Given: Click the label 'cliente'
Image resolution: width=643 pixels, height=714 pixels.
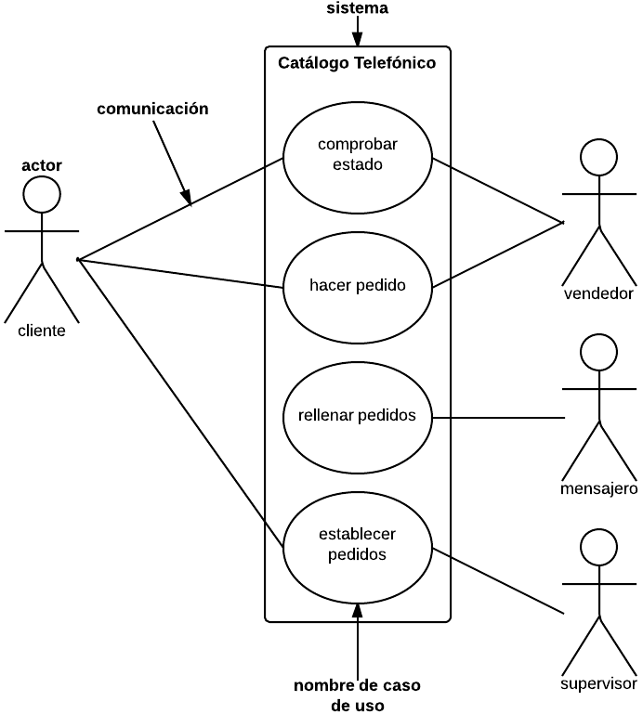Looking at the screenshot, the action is coord(42,331).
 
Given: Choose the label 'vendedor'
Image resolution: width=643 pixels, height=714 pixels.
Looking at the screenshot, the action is coord(598,293).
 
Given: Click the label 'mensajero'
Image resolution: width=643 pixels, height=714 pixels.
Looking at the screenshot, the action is coord(598,488).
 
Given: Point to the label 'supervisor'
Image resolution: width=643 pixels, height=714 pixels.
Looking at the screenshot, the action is coord(598,683).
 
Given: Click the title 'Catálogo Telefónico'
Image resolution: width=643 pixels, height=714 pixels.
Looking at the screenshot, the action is coord(357,63).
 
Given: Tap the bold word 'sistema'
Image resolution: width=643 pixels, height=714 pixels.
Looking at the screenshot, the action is coord(357,8).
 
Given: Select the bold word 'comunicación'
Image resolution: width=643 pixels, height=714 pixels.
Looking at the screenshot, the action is coord(152,109).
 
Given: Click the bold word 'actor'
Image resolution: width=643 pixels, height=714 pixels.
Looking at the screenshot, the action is coord(42,165).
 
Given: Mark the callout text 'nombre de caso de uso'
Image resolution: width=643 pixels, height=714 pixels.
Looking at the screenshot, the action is coord(357,695).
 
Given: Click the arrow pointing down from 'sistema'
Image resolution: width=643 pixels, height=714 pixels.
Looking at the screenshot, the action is coord(357,31).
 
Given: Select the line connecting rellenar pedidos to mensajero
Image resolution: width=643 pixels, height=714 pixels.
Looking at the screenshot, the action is coord(498,418).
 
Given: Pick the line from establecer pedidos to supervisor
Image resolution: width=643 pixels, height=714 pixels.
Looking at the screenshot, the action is coord(498,580).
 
